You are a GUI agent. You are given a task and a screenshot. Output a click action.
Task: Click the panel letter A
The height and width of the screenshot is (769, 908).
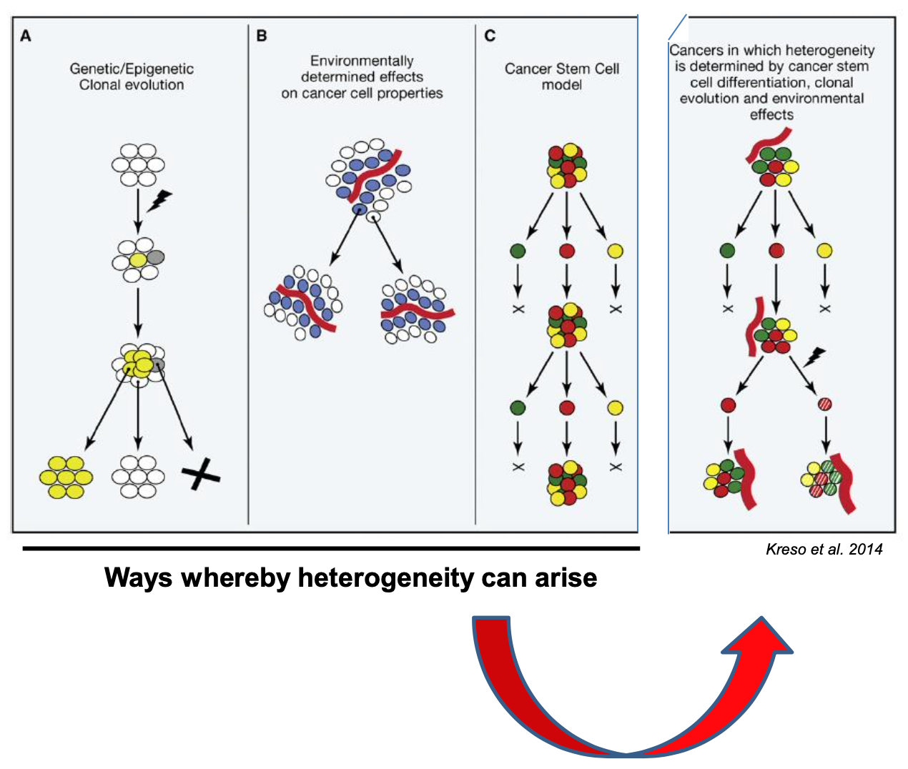(26, 36)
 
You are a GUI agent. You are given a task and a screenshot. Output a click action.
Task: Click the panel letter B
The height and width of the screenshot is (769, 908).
(262, 36)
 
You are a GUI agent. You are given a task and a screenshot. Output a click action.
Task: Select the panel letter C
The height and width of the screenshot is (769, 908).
(490, 36)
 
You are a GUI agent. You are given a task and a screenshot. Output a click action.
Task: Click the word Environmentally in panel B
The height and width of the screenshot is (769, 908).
(362, 61)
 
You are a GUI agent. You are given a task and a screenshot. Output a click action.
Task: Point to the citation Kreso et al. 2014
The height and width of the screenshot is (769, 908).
(824, 549)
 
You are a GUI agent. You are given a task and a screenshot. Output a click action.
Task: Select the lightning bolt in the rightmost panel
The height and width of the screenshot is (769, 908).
(814, 356)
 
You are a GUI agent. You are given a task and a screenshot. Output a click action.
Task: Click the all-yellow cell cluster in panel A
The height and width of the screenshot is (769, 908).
(65, 477)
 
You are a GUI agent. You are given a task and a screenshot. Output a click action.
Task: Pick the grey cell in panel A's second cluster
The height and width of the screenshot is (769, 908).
(155, 257)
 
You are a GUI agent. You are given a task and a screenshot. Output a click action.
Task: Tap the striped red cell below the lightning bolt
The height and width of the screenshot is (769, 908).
(824, 405)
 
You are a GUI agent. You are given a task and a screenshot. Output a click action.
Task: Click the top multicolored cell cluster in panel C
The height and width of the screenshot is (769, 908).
(567, 165)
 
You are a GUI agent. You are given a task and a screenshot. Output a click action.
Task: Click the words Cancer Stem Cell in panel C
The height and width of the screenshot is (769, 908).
(561, 69)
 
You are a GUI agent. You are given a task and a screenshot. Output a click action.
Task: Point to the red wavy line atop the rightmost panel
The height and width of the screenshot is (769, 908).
(769, 143)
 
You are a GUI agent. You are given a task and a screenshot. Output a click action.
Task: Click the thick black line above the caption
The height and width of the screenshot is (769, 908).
(331, 548)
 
